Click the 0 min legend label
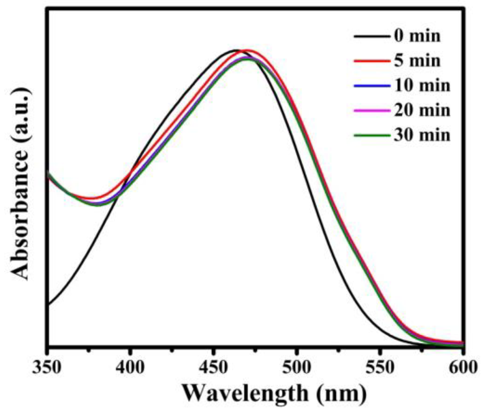click(417, 36)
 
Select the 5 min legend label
click(417, 61)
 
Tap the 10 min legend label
click(422, 85)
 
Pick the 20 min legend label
click(422, 110)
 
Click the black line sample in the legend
click(372, 36)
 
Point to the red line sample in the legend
click(372, 61)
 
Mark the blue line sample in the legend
click(372, 86)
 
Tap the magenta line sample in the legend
click(372, 110)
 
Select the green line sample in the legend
click(372, 135)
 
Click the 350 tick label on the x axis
click(47, 368)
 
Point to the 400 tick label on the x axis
click(130, 368)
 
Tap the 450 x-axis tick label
click(213, 368)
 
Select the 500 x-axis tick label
click(296, 368)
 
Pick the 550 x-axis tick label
click(379, 368)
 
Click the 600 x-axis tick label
click(462, 368)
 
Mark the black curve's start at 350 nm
click(49, 304)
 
